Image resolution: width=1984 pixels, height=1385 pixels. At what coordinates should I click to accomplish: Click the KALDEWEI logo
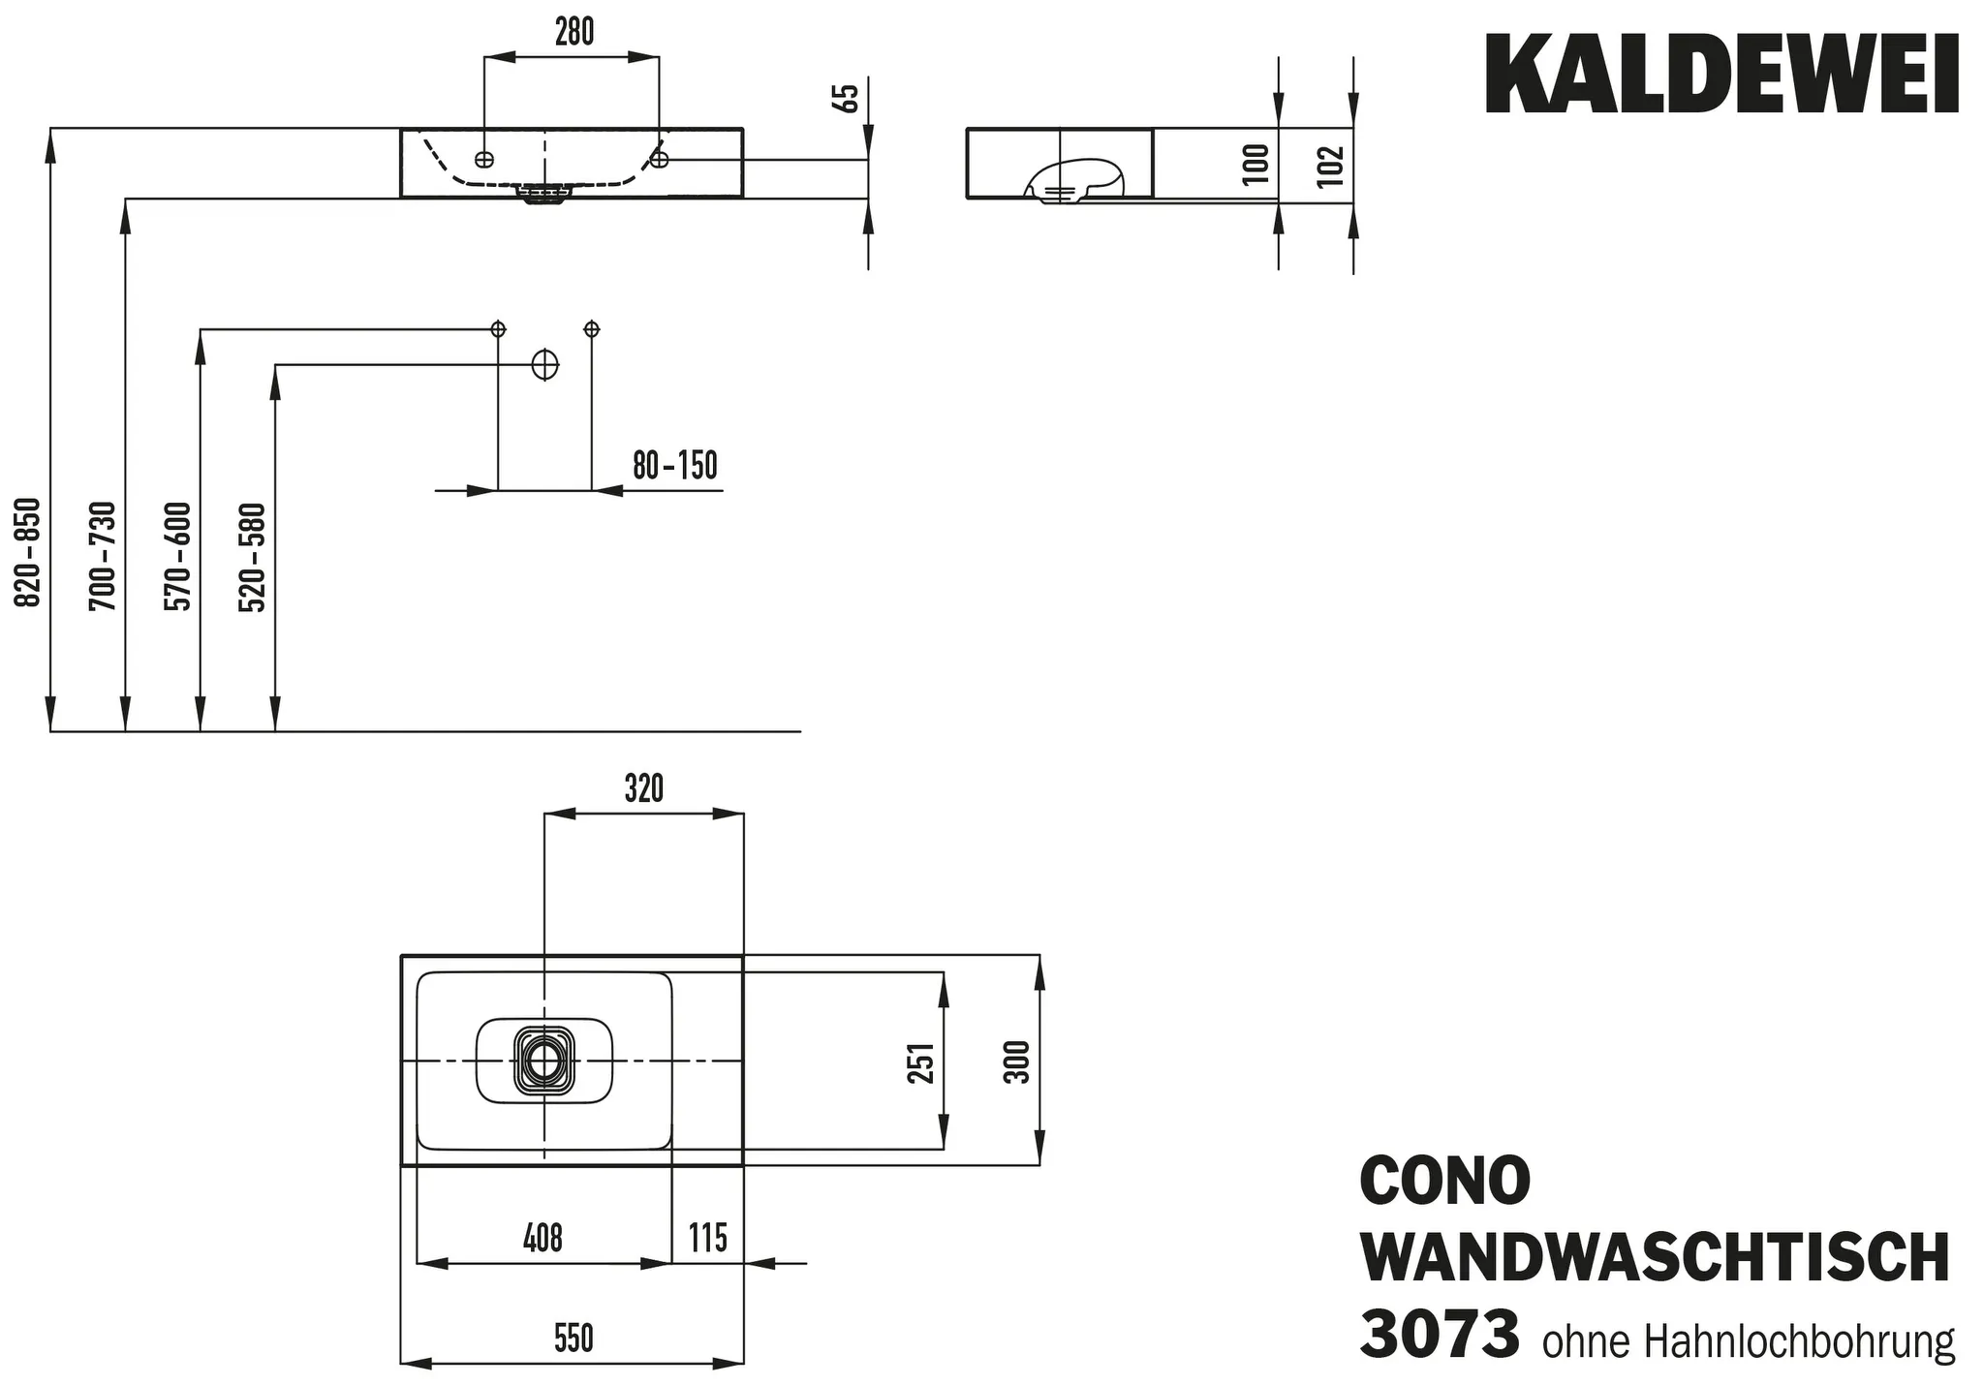click(x=1722, y=75)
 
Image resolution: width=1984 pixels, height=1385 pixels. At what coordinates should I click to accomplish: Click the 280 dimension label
click(x=574, y=32)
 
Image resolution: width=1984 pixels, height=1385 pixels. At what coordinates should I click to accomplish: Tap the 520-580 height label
click(x=251, y=557)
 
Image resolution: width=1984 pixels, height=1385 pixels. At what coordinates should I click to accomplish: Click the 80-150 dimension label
click(x=675, y=466)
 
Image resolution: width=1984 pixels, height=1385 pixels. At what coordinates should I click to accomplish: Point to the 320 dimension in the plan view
click(x=644, y=789)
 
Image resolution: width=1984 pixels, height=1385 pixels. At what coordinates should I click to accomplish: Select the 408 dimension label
click(x=542, y=1237)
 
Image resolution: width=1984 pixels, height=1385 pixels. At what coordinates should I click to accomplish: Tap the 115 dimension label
click(x=707, y=1237)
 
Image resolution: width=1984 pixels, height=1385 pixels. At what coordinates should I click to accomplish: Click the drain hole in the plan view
click(x=544, y=1061)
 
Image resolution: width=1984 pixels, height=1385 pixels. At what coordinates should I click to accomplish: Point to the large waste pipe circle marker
click(x=545, y=364)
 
